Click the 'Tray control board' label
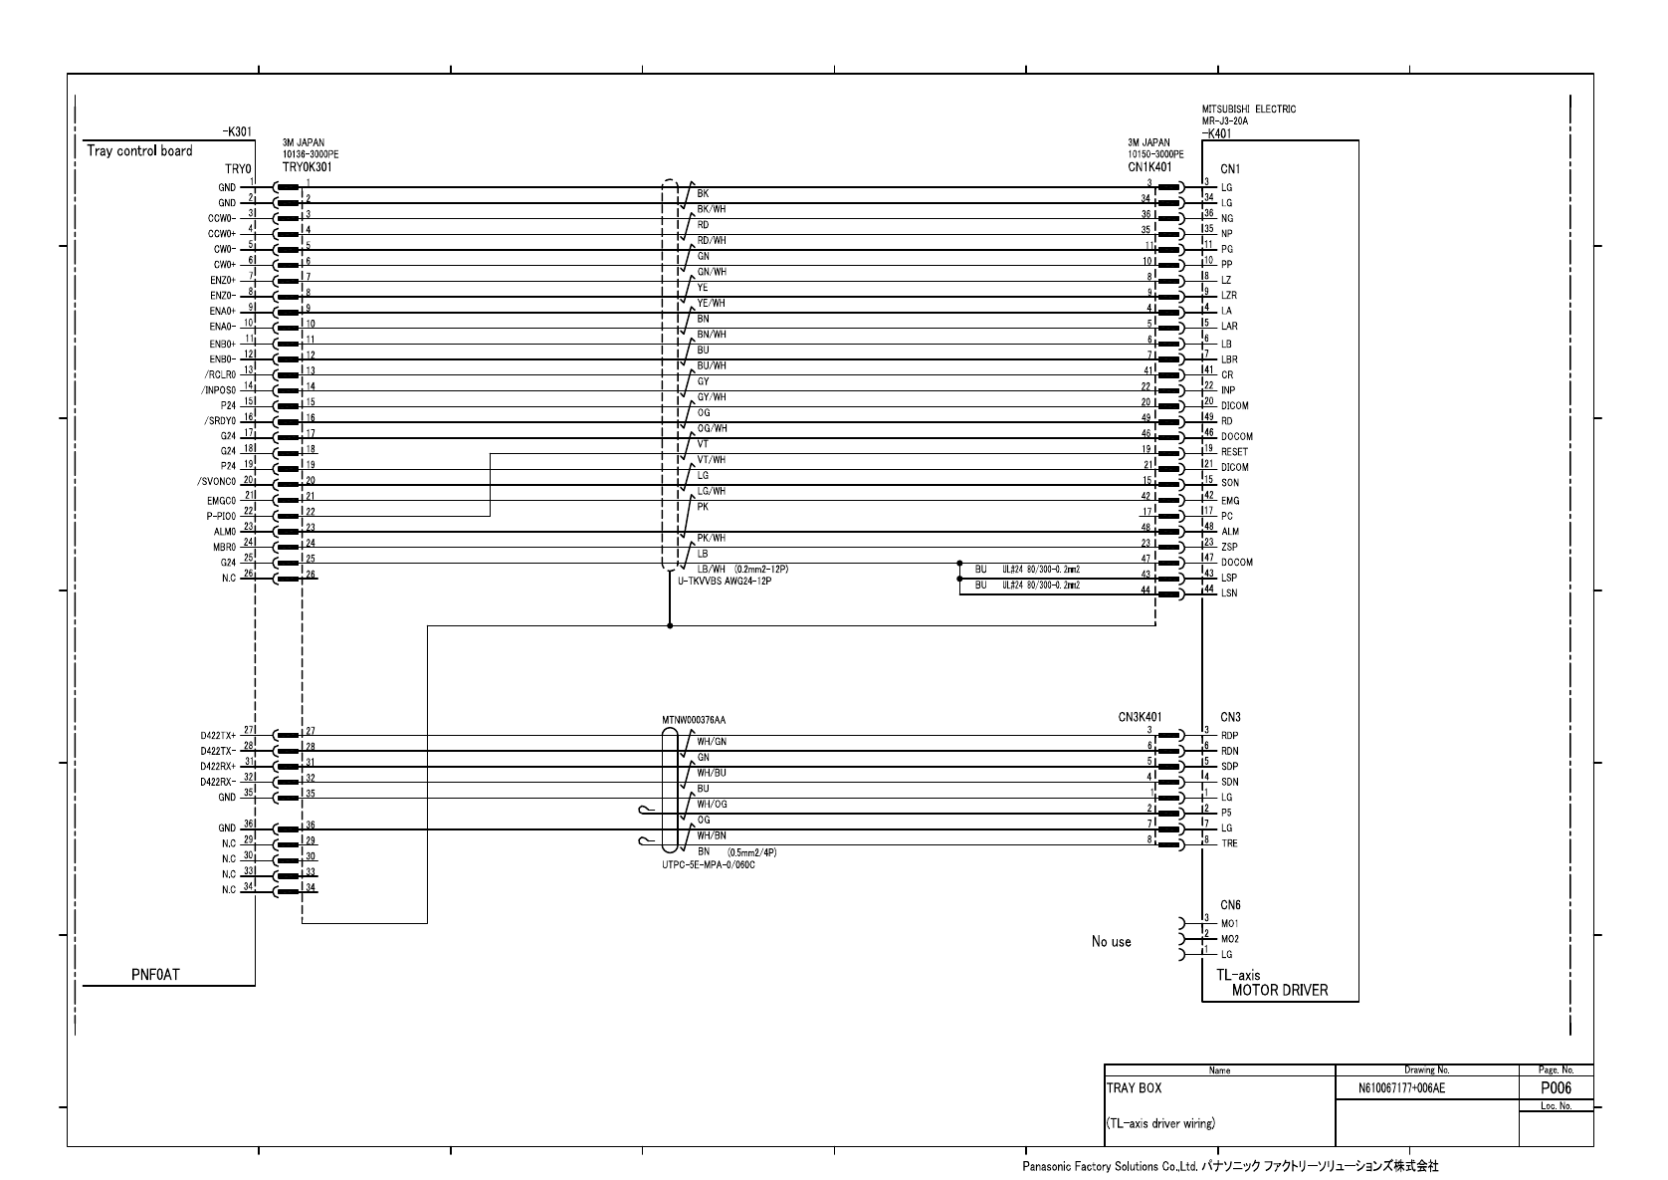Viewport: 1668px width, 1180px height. pyautogui.click(x=139, y=151)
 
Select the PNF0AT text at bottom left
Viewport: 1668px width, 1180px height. pyautogui.click(x=155, y=974)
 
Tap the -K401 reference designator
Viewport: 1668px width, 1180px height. pyautogui.click(x=1215, y=132)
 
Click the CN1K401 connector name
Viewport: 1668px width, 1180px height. pyautogui.click(x=1149, y=166)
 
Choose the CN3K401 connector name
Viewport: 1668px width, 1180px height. pyautogui.click(x=1140, y=716)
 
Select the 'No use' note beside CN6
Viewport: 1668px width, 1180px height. pyautogui.click(x=1111, y=941)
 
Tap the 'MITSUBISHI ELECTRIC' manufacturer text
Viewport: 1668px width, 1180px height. pyautogui.click(x=1249, y=110)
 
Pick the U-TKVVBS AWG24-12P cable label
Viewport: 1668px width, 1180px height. pyautogui.click(x=725, y=581)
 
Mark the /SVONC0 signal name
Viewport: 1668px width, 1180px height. pyautogui.click(x=216, y=482)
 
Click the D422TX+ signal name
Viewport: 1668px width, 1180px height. pyautogui.click(x=218, y=736)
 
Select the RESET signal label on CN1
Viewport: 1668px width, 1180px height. pyautogui.click(x=1234, y=452)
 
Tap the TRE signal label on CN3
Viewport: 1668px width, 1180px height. pyautogui.click(x=1229, y=843)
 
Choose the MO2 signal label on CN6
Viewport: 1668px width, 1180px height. pyautogui.click(x=1230, y=939)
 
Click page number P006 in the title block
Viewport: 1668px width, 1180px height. pyautogui.click(x=1556, y=1088)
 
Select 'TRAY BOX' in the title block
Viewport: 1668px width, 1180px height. pyautogui.click(x=1134, y=1088)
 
